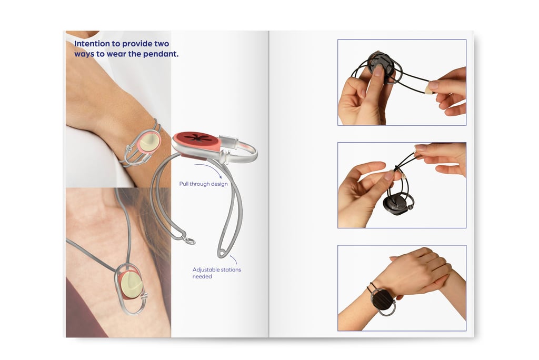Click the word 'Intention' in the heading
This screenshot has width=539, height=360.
[x=92, y=44]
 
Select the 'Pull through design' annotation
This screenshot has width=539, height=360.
[x=204, y=184]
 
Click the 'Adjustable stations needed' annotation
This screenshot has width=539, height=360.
[x=216, y=273]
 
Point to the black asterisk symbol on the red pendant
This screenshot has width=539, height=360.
[x=198, y=138]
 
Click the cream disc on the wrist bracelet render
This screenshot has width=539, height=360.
[x=150, y=142]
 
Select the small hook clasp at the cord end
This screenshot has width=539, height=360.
[x=188, y=241]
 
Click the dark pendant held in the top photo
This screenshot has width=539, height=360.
[x=380, y=66]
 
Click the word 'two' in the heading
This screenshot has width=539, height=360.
[x=161, y=44]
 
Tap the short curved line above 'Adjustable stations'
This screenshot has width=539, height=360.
[x=234, y=259]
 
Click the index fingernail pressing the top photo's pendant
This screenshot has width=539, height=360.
[x=378, y=71]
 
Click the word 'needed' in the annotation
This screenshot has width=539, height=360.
[x=202, y=276]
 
